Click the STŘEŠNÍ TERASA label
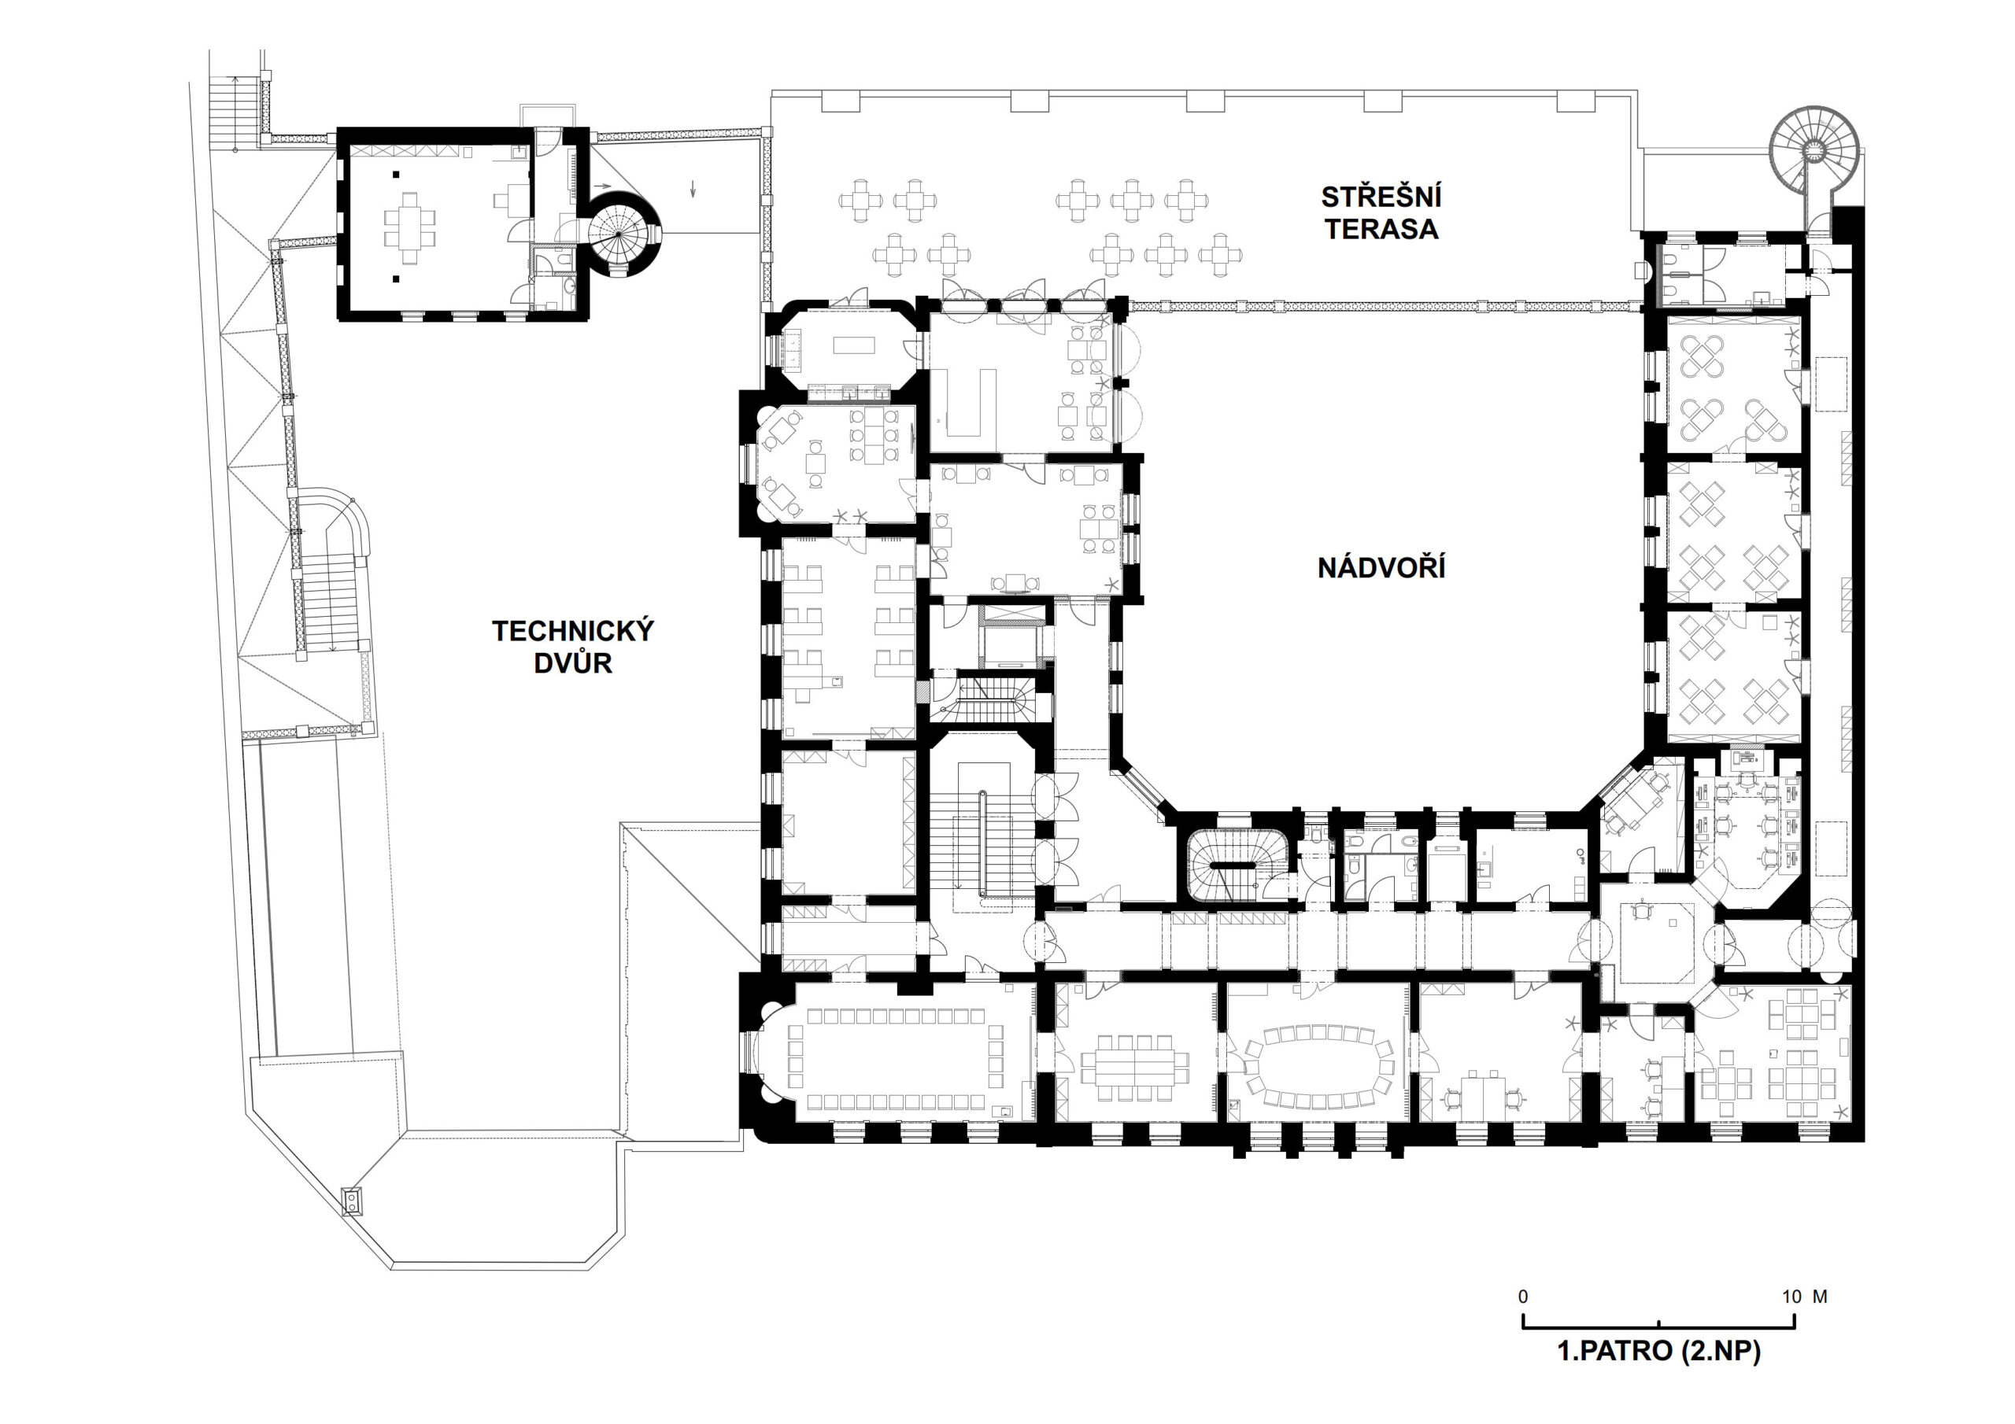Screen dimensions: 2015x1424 [1381, 213]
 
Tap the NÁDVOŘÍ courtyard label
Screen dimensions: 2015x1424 [1381, 568]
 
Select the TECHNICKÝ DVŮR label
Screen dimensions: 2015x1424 [573, 647]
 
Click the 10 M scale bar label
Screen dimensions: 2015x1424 [1804, 1296]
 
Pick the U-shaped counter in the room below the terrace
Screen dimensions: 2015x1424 [963, 403]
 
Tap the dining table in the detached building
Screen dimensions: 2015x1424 [409, 227]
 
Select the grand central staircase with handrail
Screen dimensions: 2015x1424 [985, 833]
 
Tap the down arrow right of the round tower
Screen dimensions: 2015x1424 [693, 188]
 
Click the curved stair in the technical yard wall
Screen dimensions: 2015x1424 [331, 579]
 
